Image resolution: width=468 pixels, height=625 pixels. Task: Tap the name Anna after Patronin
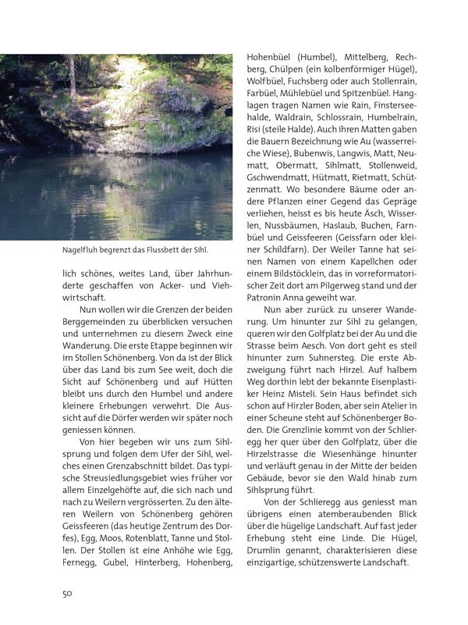(x=300, y=296)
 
